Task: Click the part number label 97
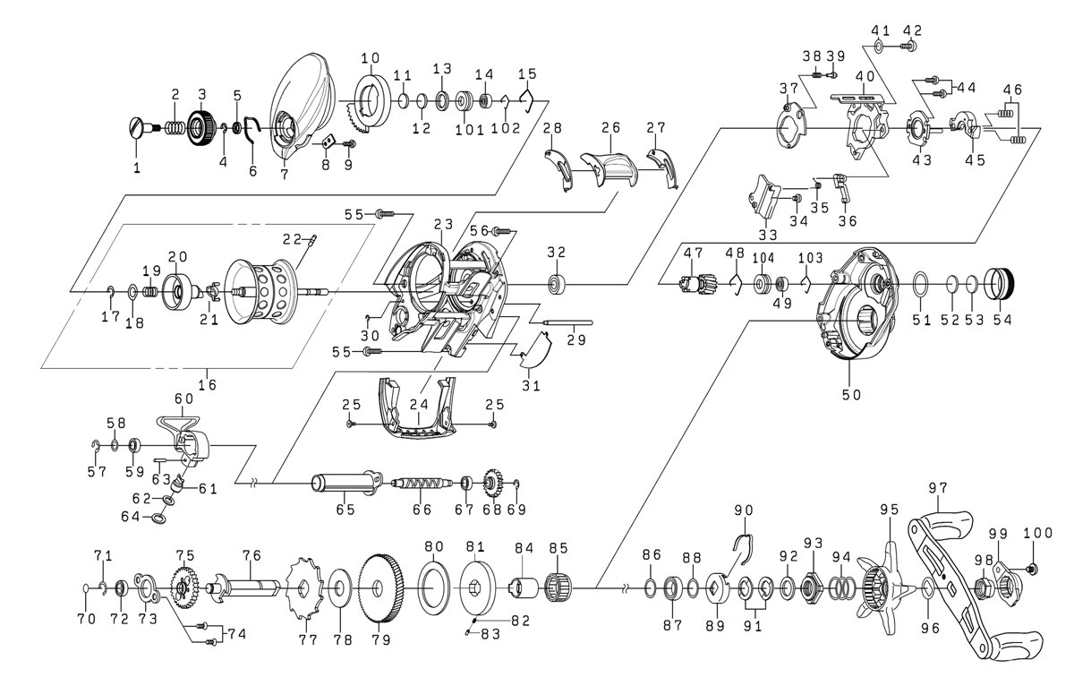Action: tap(938, 488)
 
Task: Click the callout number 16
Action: tap(209, 384)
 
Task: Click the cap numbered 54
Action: tap(1002, 285)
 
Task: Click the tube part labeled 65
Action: tap(345, 484)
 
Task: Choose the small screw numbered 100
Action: tap(1032, 568)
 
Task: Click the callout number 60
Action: tap(183, 398)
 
